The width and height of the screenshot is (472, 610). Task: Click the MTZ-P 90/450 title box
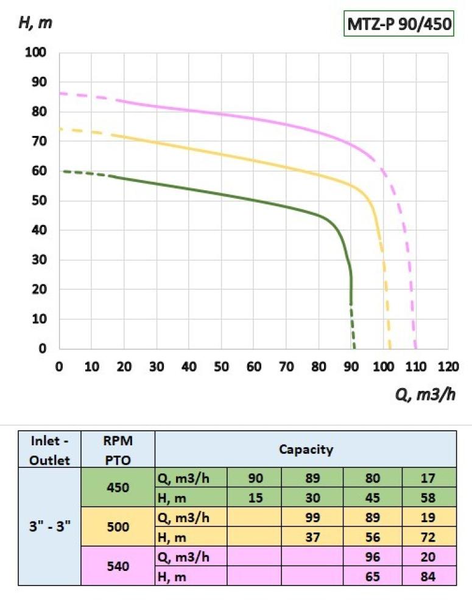pyautogui.click(x=400, y=25)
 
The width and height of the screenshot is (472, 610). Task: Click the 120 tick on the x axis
pyautogui.click(x=448, y=367)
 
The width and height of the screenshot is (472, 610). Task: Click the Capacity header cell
pyautogui.click(x=306, y=450)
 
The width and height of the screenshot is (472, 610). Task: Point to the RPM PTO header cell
pyautogui.click(x=118, y=450)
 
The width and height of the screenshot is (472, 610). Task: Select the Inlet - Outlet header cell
pyautogui.click(x=49, y=450)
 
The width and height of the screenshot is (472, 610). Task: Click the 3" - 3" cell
pyautogui.click(x=49, y=526)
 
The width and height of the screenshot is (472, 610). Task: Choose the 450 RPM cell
pyautogui.click(x=118, y=487)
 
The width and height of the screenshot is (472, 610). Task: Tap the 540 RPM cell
pyautogui.click(x=118, y=565)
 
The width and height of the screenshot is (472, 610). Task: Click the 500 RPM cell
pyautogui.click(x=118, y=526)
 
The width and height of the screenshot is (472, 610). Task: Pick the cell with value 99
pyautogui.click(x=312, y=517)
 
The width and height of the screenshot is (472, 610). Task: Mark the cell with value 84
pyautogui.click(x=428, y=575)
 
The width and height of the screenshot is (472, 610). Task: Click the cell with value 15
pyautogui.click(x=255, y=497)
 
